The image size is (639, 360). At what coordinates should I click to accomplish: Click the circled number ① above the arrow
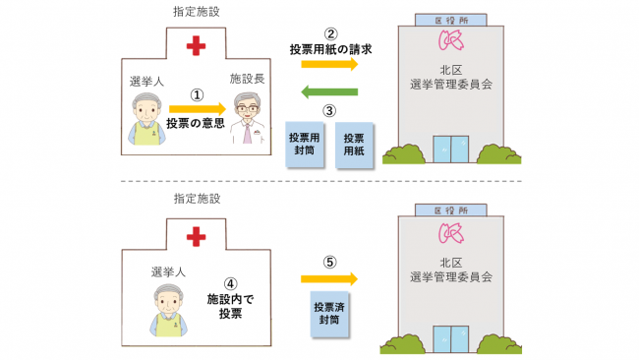coord(197,95)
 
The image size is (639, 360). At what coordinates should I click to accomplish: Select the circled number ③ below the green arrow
coord(330,111)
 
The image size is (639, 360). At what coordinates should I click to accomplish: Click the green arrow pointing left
coord(329,92)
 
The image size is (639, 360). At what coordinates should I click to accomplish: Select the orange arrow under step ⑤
coord(331,281)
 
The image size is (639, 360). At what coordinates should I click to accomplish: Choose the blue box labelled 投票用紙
coord(354,146)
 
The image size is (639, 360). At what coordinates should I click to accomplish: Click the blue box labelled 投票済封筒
coord(330,314)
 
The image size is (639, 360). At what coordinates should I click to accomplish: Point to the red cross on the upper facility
coord(197,45)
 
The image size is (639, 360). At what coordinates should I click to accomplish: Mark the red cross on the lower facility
coord(197,236)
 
